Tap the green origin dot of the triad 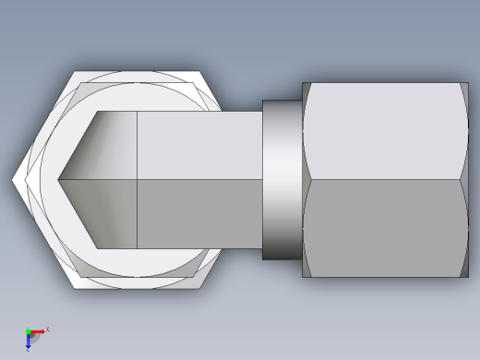[29, 331]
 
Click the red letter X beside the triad [47, 329]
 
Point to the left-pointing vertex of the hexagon [13, 180]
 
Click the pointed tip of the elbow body [57, 180]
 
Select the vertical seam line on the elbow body [137, 180]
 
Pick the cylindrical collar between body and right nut [282, 180]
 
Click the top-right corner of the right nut [468, 83]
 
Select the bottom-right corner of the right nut [468, 277]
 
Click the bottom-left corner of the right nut [303, 277]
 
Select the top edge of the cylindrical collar [282, 101]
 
